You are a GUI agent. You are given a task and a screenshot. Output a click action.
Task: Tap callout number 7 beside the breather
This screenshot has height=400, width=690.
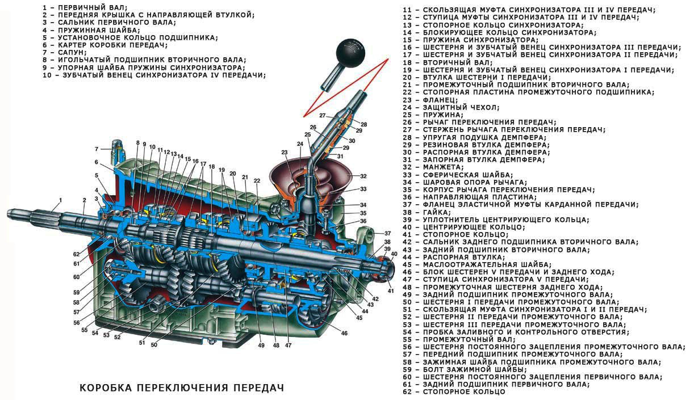[97, 149]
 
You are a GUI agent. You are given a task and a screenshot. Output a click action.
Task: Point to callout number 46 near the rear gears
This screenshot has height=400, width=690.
[344, 333]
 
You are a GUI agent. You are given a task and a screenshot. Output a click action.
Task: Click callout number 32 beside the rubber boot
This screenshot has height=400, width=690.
[363, 176]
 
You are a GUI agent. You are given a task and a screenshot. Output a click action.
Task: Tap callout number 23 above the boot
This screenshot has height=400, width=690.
[284, 152]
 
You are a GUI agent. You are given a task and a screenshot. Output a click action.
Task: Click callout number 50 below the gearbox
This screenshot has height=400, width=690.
[154, 344]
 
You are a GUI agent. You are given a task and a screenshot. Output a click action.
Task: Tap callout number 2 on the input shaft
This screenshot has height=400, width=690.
[84, 200]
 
